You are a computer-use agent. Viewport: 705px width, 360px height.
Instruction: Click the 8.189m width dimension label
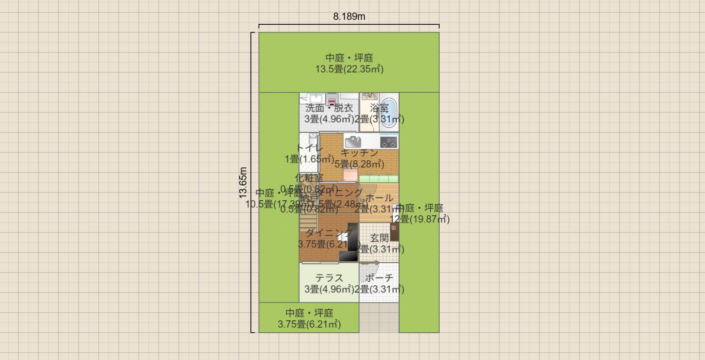pos(349,17)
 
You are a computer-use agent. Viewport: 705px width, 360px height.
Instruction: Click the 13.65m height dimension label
pos(243,182)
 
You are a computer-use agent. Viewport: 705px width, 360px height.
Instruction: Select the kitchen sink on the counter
pos(353,141)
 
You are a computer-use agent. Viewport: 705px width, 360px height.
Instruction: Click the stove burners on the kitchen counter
pos(388,142)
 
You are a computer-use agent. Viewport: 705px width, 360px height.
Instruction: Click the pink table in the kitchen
pos(350,175)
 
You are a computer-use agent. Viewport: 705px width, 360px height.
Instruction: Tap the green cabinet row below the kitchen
pos(379,179)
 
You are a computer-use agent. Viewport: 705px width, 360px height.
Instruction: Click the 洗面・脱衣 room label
pos(329,108)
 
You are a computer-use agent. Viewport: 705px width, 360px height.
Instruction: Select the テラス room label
pos(329,278)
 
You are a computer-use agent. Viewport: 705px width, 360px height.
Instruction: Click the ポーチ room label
pos(379,278)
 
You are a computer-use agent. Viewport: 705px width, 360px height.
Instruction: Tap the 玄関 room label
pos(379,238)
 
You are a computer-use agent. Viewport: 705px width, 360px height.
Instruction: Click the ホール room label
pos(379,198)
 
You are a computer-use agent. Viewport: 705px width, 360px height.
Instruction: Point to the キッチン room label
pos(359,152)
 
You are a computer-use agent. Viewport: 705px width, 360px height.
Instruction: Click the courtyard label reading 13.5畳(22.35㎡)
pos(349,69)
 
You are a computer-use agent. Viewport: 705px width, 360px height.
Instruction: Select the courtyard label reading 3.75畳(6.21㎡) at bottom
pos(309,325)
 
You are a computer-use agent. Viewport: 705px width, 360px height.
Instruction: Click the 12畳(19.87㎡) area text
pos(420,219)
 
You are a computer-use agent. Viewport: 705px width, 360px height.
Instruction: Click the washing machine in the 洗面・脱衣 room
pos(332,100)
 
